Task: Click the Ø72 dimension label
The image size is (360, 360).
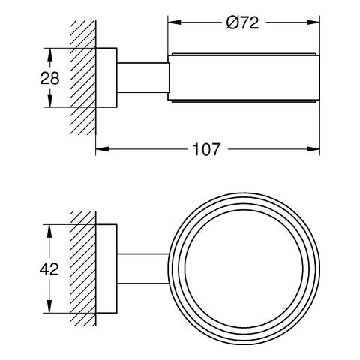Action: (242, 22)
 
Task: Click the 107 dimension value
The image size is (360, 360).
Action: (207, 149)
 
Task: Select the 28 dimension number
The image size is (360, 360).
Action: (50, 78)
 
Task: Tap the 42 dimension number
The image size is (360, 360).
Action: (49, 269)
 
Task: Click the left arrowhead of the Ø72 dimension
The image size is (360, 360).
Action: (174, 22)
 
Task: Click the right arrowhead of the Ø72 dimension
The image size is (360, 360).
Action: (313, 22)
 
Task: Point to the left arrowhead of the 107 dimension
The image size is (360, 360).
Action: (102, 149)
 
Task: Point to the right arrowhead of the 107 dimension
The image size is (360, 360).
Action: (313, 149)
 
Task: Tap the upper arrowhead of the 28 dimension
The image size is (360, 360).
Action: (50, 55)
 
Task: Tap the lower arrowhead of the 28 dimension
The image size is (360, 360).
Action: (50, 100)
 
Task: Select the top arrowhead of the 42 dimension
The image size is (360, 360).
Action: (49, 231)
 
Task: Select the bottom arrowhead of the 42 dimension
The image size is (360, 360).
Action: (49, 306)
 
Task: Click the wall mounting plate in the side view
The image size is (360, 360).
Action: (106, 77)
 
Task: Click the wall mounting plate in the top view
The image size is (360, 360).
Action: (106, 268)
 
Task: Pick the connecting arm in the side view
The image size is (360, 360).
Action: (143, 78)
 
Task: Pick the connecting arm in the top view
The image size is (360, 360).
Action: (143, 268)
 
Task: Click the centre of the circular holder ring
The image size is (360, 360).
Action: (244, 268)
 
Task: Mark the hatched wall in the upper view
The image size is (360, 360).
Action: (83, 77)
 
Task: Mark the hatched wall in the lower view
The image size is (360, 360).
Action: (83, 268)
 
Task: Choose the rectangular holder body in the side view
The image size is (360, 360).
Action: (244, 78)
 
